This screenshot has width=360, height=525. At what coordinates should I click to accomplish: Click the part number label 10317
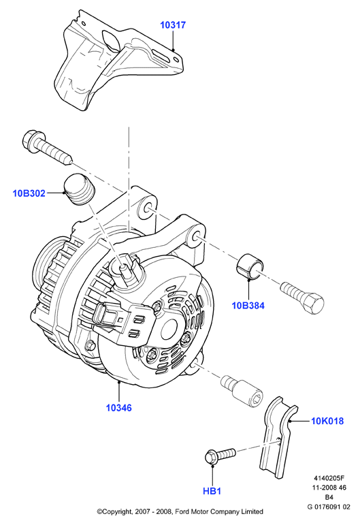pos(173,25)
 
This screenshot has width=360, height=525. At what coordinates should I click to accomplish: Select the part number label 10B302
pos(29,193)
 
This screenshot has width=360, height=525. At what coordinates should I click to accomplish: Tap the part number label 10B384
pos(248,305)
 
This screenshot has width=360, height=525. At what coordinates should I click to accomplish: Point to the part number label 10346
pos(119,408)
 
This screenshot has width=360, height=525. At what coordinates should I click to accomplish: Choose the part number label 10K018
pos(327,421)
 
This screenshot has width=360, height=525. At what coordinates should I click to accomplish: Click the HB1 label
pos(212,491)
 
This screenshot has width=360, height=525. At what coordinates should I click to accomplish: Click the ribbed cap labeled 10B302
pos(79,189)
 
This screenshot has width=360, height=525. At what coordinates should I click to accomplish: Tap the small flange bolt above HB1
pos(220,456)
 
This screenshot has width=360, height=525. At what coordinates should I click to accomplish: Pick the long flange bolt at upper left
pos(46,146)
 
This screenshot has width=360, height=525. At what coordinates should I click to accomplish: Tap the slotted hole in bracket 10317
pos(161,56)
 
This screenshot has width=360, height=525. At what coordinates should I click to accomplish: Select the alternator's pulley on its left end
pos(44,268)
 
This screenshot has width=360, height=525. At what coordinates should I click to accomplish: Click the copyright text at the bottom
pos(180,511)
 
